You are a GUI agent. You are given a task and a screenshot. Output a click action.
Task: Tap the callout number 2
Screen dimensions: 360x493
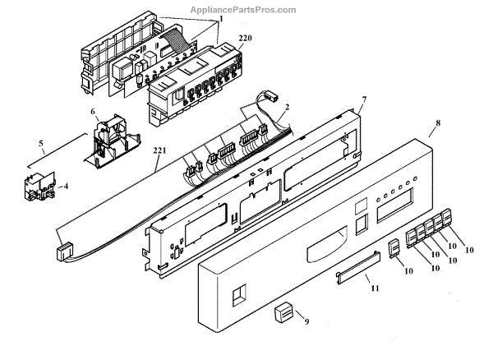point(287,107)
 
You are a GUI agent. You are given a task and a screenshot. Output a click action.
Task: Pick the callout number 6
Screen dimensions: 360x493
point(93,112)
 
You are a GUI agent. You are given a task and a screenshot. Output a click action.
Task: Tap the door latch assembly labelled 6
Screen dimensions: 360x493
point(107,141)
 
